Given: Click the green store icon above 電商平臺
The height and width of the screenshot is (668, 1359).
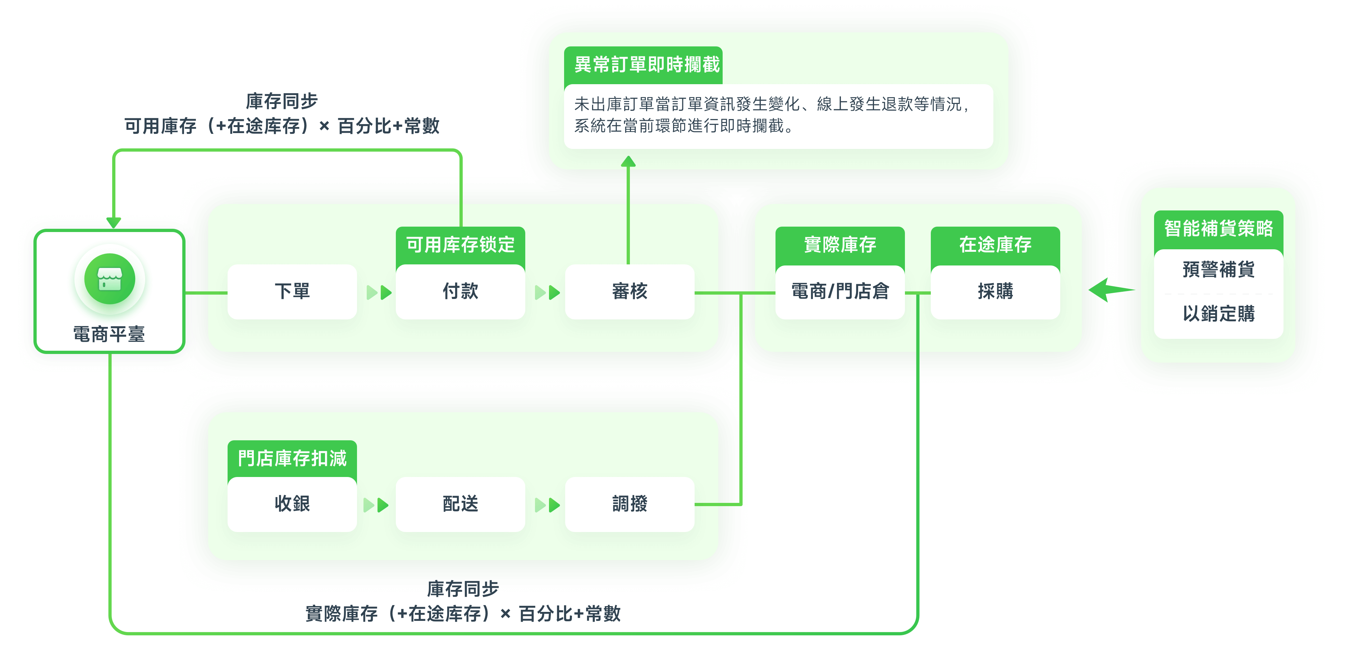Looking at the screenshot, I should (110, 278).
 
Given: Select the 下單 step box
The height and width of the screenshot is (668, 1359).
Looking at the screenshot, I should (292, 291).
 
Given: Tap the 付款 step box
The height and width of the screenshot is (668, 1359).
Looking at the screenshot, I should (460, 291).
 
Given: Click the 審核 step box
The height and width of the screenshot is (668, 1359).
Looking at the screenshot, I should (630, 291).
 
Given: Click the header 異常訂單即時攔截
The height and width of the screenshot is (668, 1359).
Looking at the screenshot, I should (646, 65).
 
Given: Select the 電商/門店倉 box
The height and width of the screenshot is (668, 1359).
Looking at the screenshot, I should (840, 291).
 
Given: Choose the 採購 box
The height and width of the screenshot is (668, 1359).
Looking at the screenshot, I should (995, 291).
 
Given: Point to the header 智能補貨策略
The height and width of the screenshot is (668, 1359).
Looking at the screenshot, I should (1218, 228).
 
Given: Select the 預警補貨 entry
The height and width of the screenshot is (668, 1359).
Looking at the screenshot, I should (1218, 270).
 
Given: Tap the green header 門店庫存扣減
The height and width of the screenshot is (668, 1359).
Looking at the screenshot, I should (292, 458).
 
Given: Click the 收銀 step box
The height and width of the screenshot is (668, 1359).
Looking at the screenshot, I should (292, 504).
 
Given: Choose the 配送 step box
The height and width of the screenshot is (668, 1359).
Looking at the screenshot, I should (460, 504).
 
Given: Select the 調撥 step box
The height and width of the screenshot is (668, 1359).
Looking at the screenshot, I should (630, 504).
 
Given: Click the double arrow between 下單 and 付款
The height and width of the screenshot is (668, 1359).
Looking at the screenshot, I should (379, 292).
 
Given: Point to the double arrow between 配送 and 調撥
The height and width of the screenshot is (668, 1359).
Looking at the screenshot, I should (547, 505).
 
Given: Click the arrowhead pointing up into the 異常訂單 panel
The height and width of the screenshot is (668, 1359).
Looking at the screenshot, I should (628, 162).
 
